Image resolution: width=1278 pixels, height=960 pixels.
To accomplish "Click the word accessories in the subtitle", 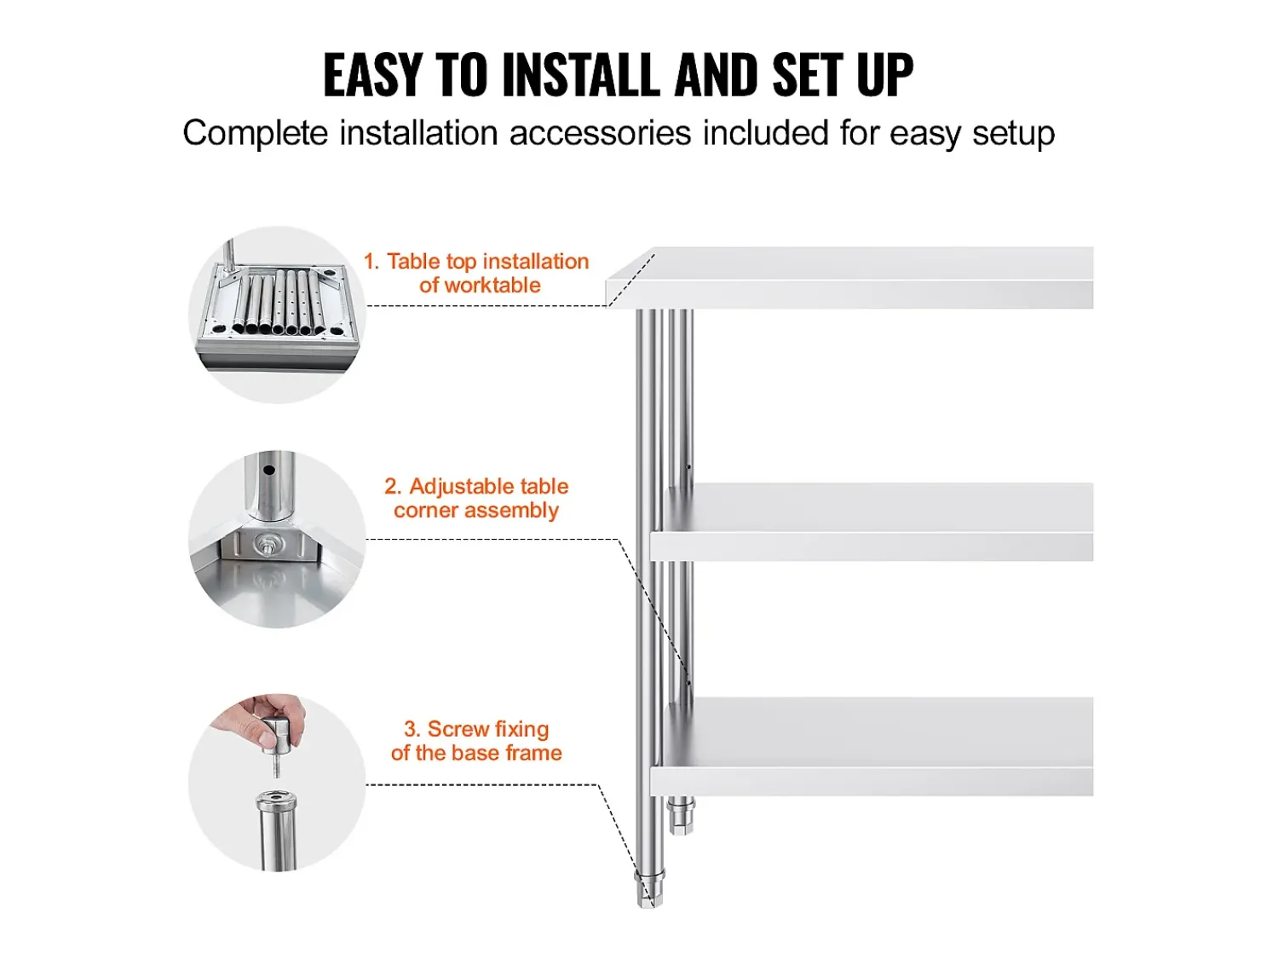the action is click(601, 133).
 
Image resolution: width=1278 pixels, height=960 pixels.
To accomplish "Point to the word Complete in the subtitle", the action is click(256, 134).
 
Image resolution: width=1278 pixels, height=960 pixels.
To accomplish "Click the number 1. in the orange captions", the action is click(371, 262).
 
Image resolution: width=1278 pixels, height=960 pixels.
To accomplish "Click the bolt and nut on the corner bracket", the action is click(267, 547).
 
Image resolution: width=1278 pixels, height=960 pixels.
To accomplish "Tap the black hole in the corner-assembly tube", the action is click(269, 470).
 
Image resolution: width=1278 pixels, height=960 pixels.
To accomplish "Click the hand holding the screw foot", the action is click(259, 720).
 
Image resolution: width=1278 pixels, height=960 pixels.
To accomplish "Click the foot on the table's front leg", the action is click(649, 889).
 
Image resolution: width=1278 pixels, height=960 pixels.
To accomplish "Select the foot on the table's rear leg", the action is click(682, 816).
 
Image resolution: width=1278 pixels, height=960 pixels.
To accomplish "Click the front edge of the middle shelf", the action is click(872, 547).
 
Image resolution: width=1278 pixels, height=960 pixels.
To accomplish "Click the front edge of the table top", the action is click(850, 294).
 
